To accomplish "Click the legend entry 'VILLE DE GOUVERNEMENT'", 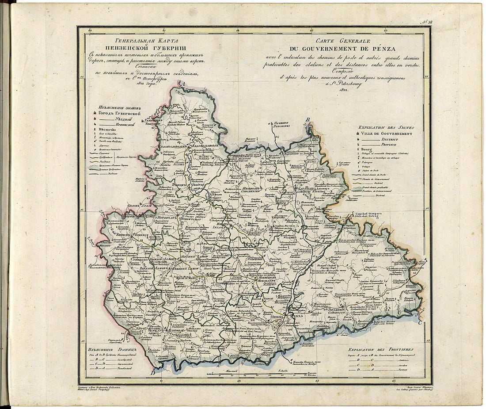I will pos(388,133).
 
